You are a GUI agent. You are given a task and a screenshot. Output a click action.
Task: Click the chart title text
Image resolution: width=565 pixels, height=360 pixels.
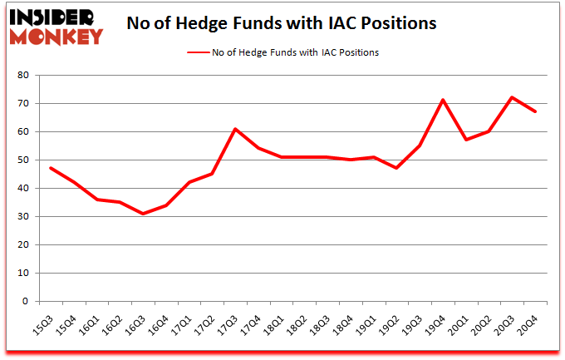tap(281, 23)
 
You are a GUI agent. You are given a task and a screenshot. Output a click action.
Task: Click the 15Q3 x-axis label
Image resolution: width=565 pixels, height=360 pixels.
tap(49, 319)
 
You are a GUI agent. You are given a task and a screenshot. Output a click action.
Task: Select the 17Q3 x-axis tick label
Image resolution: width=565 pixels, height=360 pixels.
tap(234, 319)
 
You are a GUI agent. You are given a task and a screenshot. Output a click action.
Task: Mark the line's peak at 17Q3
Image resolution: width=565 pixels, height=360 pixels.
tap(235, 129)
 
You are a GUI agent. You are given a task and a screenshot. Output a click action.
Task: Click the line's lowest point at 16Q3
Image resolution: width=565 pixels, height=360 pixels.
tap(142, 214)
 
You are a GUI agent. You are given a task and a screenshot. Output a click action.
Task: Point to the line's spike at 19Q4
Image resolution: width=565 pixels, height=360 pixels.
tap(444, 101)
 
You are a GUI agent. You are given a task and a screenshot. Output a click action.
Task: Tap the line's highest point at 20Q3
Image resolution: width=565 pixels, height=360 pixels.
tap(513, 97)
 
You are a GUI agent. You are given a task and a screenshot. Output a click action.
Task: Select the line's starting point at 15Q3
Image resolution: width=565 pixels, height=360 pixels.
tap(50, 168)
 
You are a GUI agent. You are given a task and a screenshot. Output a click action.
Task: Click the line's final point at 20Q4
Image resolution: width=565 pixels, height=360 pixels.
tap(536, 111)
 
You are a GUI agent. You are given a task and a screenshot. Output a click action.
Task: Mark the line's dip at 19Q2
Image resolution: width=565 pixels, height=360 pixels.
tap(397, 168)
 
